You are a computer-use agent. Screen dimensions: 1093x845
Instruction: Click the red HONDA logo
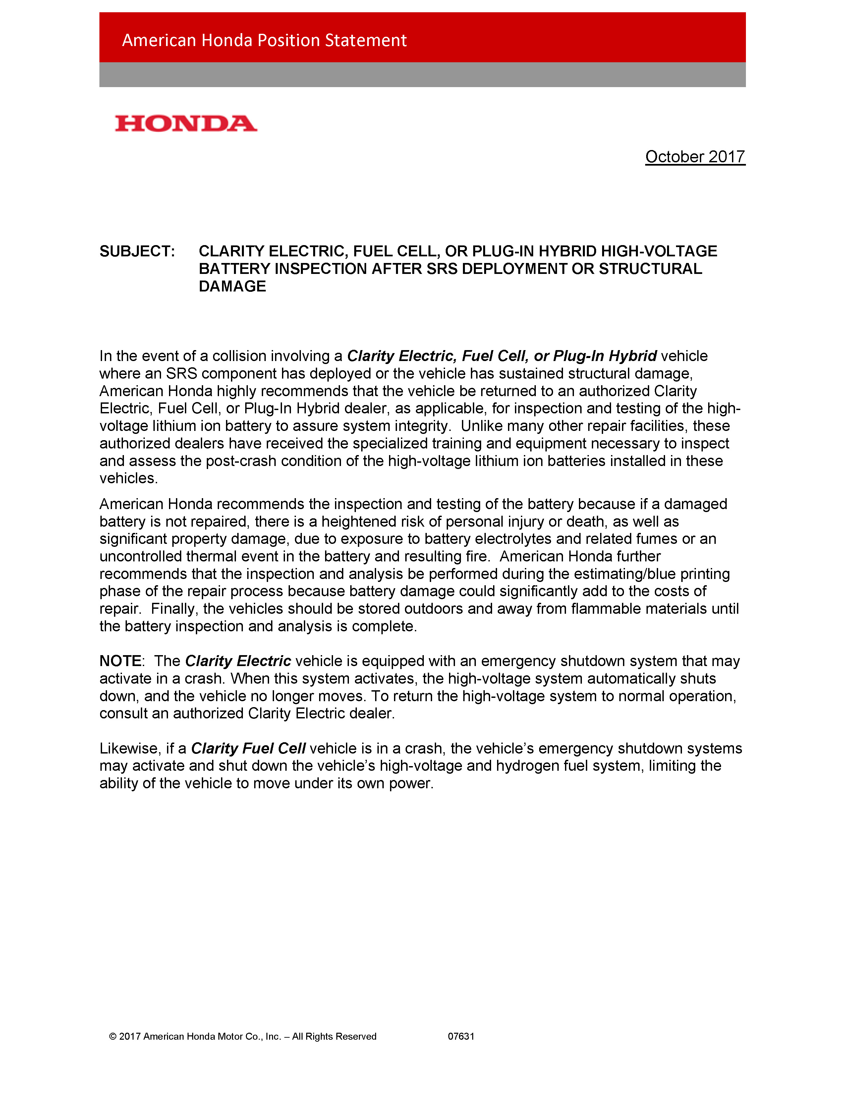186,124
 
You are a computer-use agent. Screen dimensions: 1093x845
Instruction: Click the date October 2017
695,157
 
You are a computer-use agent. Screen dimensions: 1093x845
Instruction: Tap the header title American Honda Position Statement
264,40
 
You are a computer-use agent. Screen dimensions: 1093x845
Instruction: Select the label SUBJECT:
137,251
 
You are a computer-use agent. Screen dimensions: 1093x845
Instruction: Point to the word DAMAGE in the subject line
232,286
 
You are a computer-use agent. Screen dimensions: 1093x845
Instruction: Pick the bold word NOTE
121,661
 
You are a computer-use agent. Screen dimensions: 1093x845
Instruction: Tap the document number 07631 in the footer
461,1036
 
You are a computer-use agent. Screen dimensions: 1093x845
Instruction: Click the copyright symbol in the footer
113,1036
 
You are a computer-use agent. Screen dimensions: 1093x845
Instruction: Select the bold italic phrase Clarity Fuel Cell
248,748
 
